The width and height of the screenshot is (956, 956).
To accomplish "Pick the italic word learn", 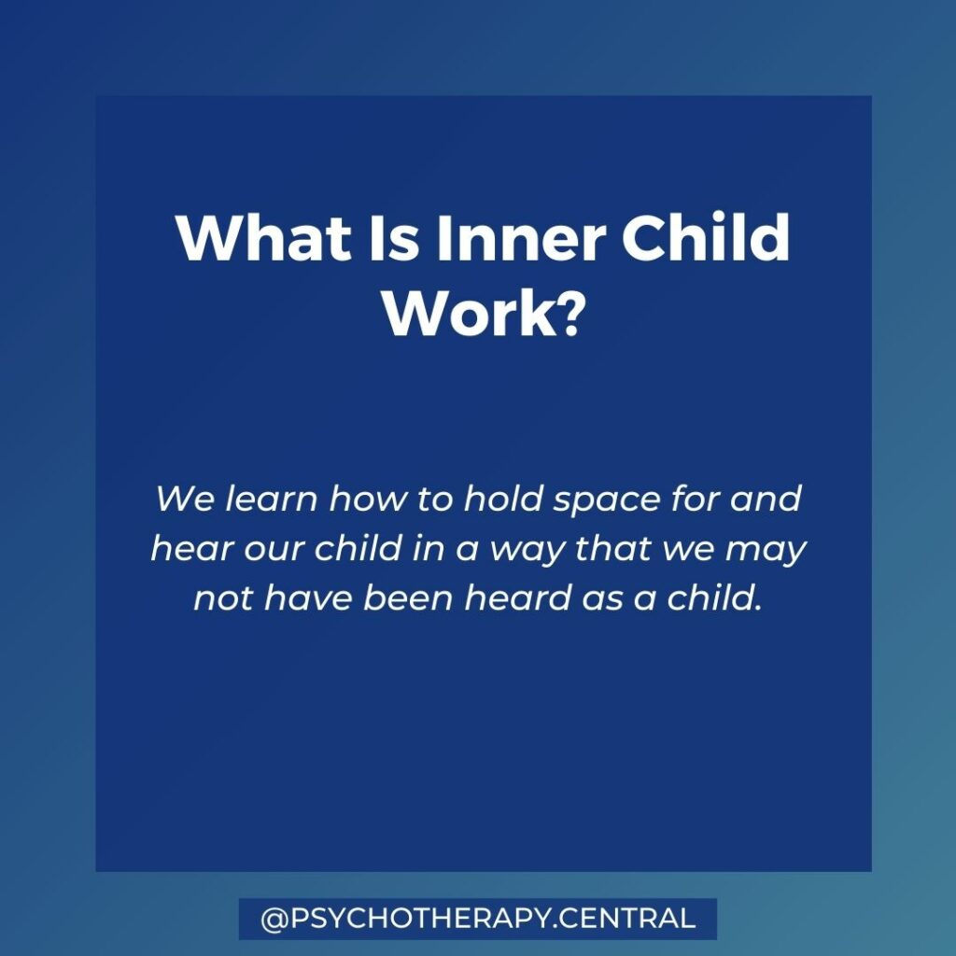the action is coord(272,499).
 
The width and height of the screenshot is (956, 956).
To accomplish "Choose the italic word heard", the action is coord(515,597).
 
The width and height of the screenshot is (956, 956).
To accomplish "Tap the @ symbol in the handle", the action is coord(273,920).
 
